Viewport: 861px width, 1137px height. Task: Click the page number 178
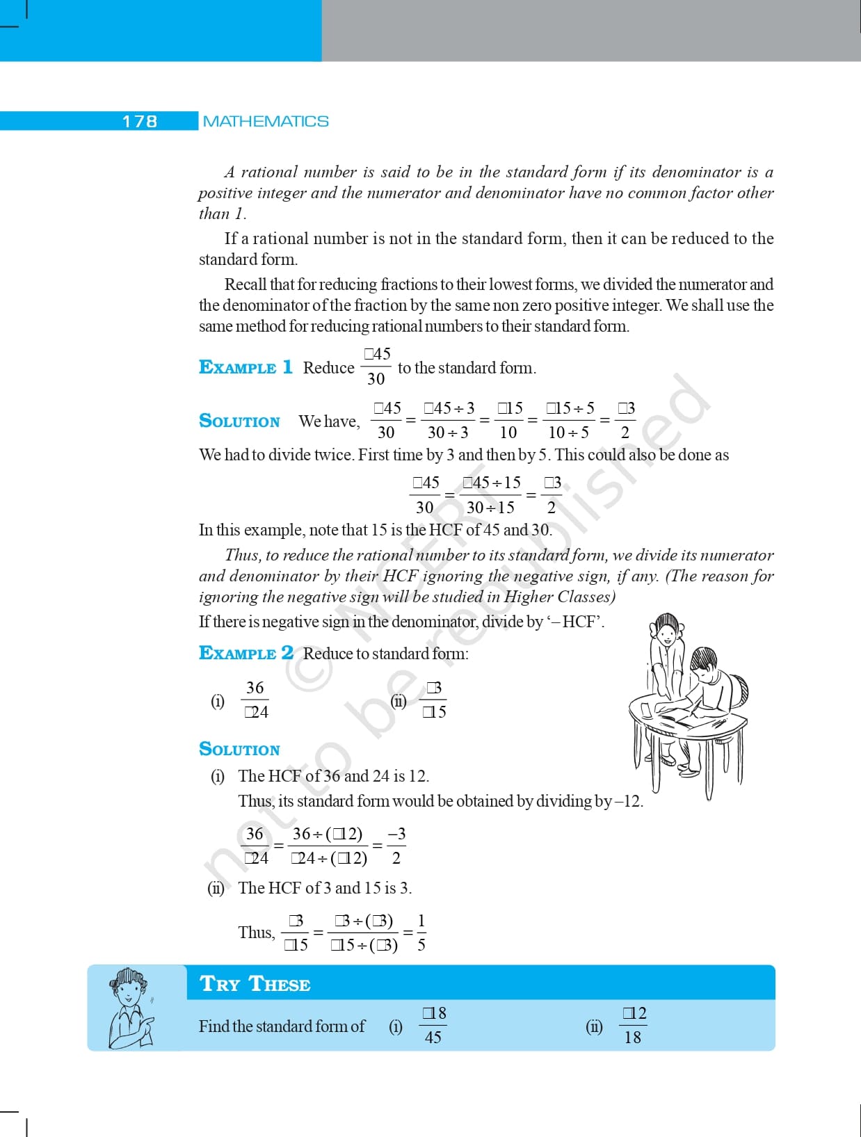coord(140,122)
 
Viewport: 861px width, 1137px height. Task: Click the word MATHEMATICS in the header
coord(266,122)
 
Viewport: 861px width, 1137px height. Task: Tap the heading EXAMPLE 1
coord(246,367)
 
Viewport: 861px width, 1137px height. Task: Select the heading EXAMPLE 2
coord(246,653)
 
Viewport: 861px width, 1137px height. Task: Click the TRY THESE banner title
coord(255,984)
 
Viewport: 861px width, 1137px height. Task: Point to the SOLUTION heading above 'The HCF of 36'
coord(239,749)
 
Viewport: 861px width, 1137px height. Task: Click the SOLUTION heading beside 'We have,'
coord(239,421)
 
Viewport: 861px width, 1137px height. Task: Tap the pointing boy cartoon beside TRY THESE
coord(130,1008)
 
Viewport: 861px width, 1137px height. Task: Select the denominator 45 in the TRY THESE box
coord(433,1038)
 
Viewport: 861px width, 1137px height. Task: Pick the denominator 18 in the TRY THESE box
coord(632,1038)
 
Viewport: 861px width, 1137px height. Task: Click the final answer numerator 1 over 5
coord(421,921)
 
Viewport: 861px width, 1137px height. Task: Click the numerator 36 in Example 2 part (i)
coord(255,688)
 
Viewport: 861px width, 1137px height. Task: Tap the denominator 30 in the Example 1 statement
coord(376,379)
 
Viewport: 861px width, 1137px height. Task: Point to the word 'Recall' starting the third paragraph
coord(246,284)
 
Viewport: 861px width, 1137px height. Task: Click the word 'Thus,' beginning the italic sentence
coord(242,555)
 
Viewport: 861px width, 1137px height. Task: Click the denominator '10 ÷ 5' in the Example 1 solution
coord(568,433)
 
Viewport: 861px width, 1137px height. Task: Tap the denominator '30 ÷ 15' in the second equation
coord(490,508)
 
